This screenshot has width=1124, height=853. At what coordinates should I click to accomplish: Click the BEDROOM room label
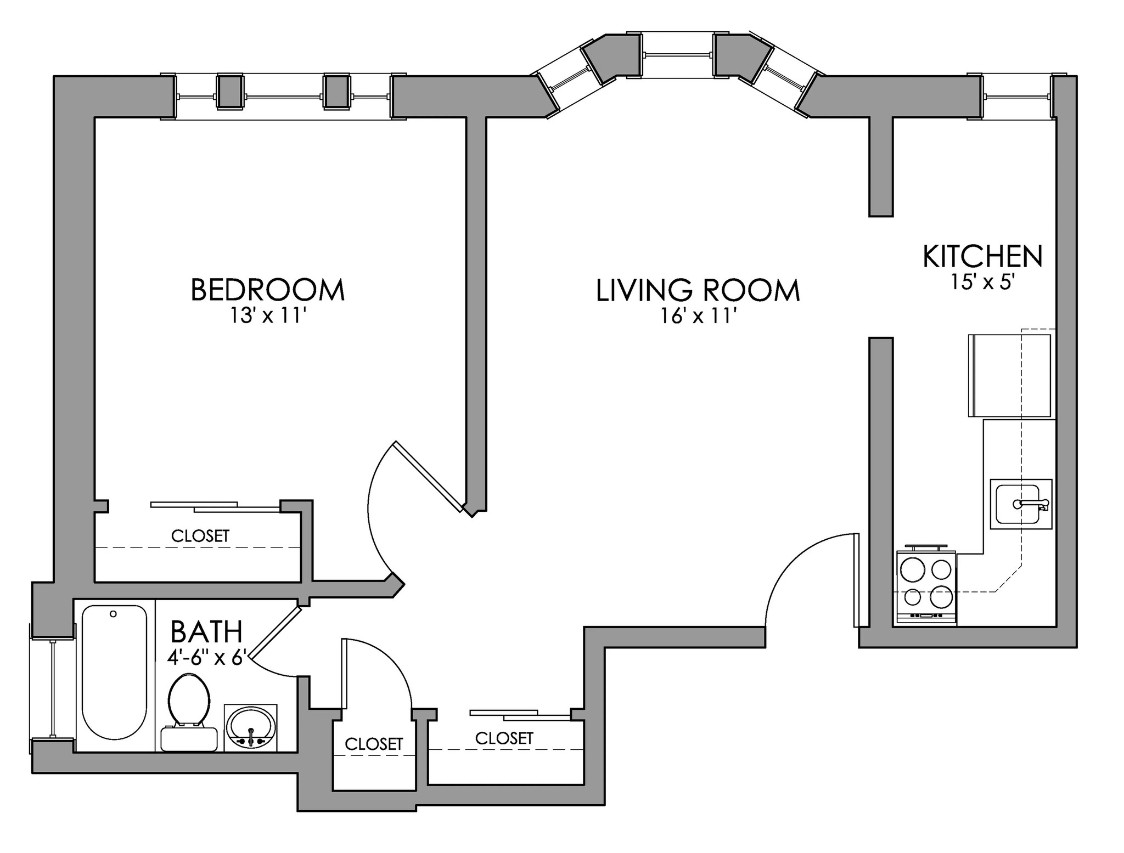click(267, 290)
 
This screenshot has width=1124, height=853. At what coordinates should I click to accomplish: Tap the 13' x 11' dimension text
click(267, 317)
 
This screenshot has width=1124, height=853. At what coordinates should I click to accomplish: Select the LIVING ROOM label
click(698, 291)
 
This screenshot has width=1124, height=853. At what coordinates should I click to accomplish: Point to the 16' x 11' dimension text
click(698, 317)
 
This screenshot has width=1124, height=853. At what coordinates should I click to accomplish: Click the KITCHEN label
click(982, 257)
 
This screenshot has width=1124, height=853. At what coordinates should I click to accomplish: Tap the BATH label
click(206, 631)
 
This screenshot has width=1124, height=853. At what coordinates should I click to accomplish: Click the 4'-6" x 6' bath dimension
click(209, 657)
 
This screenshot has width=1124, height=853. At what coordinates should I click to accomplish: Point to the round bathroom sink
click(251, 727)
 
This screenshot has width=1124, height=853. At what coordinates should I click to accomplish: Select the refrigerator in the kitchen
click(1010, 376)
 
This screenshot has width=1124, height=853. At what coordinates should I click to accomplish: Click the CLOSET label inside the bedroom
click(200, 536)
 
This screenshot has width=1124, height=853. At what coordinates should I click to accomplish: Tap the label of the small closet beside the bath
click(373, 744)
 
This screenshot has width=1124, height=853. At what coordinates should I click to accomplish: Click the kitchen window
click(1017, 97)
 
